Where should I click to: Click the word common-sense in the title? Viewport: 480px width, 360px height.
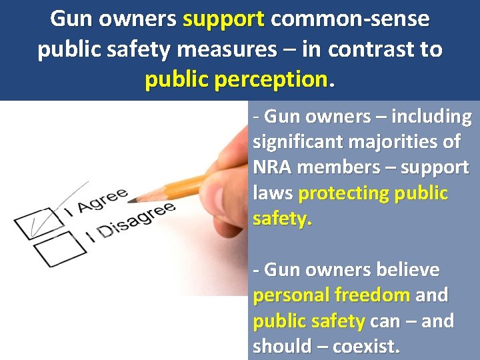350,19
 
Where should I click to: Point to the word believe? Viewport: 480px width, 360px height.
407,270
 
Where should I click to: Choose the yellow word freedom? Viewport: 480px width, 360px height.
372,295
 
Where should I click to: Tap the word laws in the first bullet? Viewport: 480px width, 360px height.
273,193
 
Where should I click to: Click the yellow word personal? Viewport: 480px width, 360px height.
291,295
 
